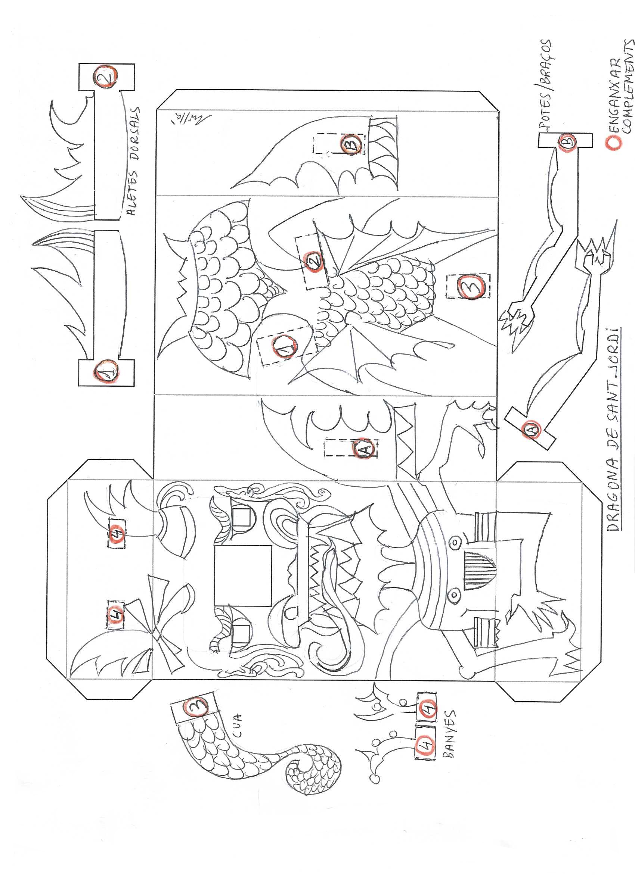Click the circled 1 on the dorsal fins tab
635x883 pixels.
(106, 370)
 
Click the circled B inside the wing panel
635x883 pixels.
(350, 146)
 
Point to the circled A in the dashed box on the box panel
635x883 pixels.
(365, 448)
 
